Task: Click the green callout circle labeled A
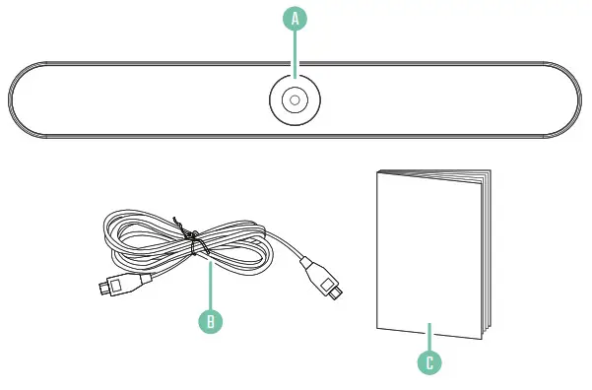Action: (296, 18)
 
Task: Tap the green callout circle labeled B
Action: (209, 320)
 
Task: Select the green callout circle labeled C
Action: (428, 361)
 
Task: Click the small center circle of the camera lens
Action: (296, 100)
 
